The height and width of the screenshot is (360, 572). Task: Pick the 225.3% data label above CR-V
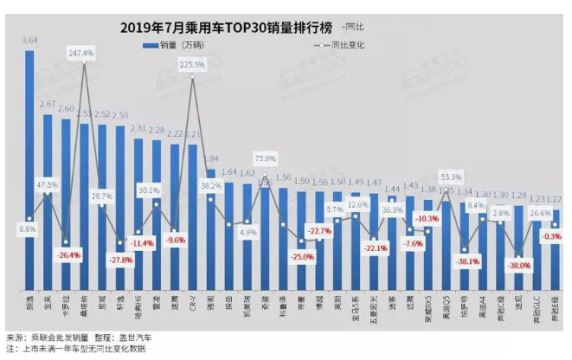point(192,64)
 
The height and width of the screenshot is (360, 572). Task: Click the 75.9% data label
point(265,157)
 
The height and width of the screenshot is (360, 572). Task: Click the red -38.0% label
point(518,267)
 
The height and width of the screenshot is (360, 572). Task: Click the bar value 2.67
point(48,105)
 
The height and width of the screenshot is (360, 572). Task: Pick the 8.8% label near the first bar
point(27,229)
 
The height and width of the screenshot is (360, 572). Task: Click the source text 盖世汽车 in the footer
point(135,336)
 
